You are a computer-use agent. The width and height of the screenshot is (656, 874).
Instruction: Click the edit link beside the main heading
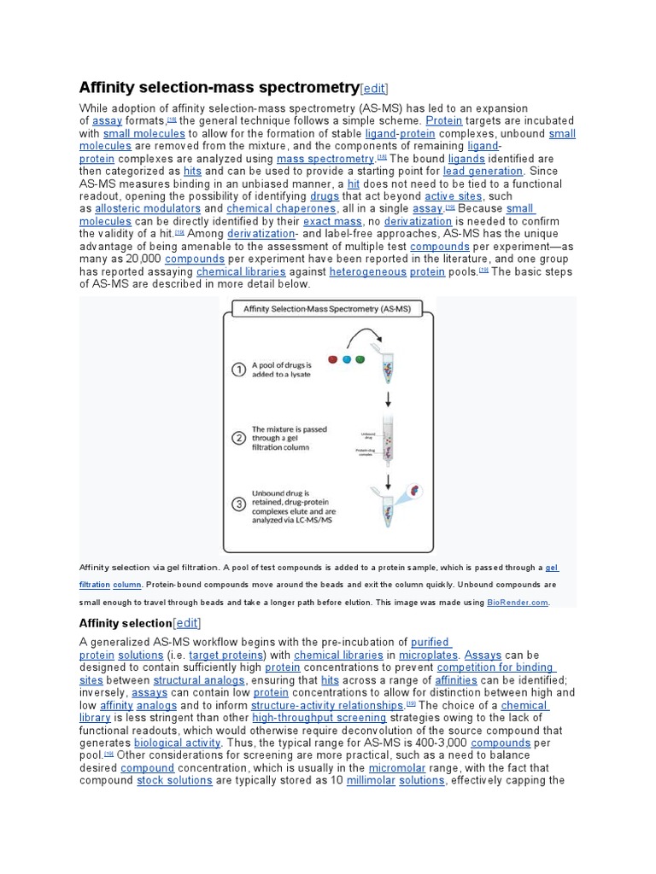pyautogui.click(x=374, y=88)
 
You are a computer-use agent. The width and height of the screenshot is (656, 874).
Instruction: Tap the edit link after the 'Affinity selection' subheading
pyautogui.click(x=187, y=624)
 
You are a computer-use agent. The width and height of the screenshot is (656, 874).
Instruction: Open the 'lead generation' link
pyautogui.click(x=483, y=171)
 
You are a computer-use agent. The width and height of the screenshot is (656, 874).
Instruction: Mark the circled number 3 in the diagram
pyautogui.click(x=240, y=503)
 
